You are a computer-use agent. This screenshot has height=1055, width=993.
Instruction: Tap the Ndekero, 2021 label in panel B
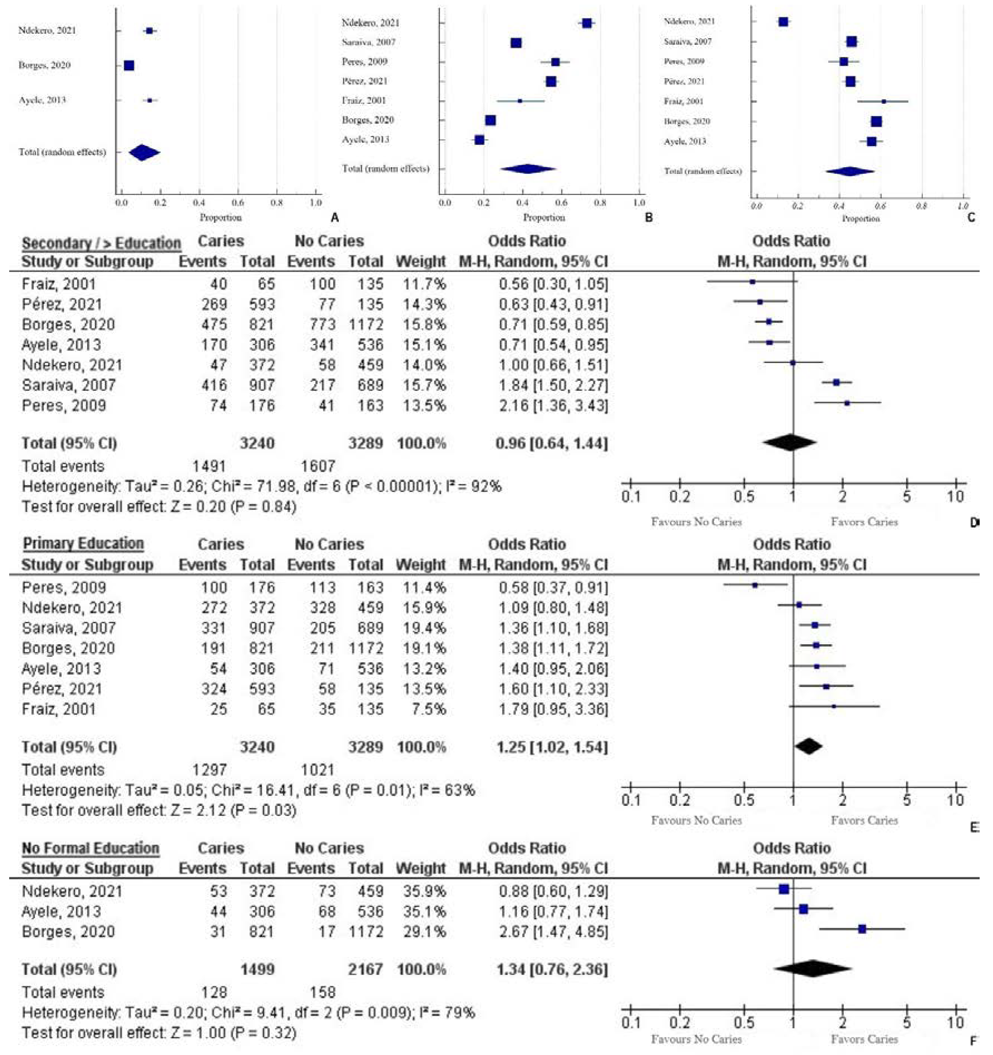[x=370, y=23]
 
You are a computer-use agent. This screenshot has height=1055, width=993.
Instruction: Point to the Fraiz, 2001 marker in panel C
[x=884, y=101]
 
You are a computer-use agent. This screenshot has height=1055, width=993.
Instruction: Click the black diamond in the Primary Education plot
[x=808, y=747]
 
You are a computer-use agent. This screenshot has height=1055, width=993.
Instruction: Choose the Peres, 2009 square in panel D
[x=847, y=403]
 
